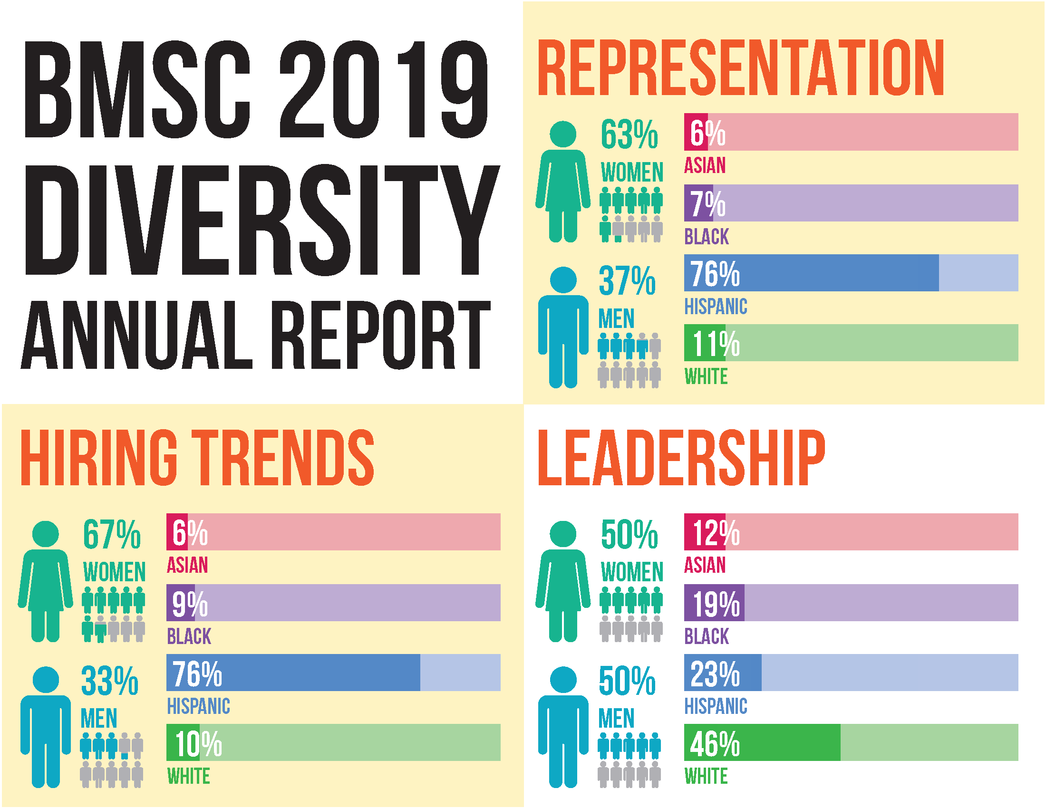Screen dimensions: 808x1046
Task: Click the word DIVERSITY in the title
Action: point(261,220)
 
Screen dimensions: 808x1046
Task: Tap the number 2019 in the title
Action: point(383,89)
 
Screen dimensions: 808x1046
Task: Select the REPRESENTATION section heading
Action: point(740,68)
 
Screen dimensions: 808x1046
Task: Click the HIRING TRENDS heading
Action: point(197,458)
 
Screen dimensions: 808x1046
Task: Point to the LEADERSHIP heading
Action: point(681,458)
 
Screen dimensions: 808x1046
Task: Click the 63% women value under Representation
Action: point(629,135)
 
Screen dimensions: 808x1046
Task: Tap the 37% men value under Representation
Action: point(627,281)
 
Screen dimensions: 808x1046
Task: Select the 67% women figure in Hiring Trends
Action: point(112,535)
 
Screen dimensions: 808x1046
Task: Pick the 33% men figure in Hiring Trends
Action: point(110,681)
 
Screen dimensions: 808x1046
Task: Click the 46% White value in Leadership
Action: point(715,743)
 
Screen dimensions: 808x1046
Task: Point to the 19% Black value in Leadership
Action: point(716,604)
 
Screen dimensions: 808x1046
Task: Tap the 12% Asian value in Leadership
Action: point(716,533)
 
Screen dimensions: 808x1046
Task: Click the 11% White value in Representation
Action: point(716,344)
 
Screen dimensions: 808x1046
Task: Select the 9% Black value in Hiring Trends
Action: point(190,604)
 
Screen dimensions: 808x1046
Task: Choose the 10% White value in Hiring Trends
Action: point(198,743)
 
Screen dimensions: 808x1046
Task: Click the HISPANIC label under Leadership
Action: point(716,706)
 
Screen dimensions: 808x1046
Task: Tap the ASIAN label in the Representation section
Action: point(705,165)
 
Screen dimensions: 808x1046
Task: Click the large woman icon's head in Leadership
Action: point(563,534)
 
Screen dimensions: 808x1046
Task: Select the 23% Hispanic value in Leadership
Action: point(715,673)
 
